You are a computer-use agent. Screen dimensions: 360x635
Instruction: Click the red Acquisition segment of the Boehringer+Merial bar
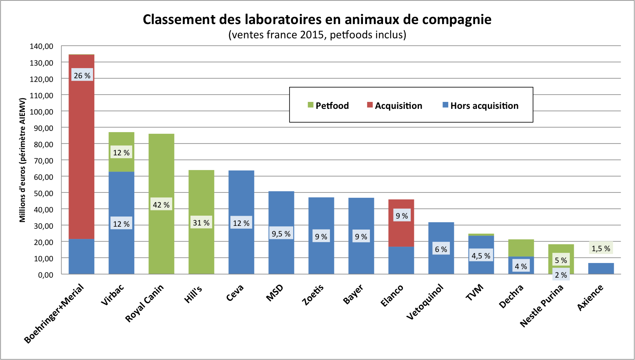click(x=82, y=155)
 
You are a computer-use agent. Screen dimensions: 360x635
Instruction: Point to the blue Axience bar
click(x=601, y=269)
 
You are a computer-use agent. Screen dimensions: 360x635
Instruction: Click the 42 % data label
click(x=161, y=205)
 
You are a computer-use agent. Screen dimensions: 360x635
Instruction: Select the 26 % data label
click(x=82, y=75)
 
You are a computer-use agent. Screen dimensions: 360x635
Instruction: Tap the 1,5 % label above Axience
click(x=601, y=248)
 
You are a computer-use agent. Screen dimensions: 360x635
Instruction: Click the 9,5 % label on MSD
click(x=281, y=234)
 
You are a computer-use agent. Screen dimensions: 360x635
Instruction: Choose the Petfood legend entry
click(x=328, y=106)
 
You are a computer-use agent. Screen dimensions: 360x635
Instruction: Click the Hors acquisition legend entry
click(x=480, y=106)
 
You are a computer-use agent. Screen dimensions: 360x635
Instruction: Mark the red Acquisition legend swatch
click(x=370, y=105)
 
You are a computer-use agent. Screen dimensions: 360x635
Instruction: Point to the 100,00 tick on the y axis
click(x=41, y=111)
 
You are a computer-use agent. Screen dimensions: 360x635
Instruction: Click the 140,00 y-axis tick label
click(x=41, y=46)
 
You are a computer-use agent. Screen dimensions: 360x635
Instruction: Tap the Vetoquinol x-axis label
click(x=425, y=302)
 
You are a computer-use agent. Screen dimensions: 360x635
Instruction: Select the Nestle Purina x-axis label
click(x=542, y=306)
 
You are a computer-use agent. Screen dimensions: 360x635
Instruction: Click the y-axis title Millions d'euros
click(x=22, y=160)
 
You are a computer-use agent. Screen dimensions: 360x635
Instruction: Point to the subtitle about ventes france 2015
click(x=317, y=35)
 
